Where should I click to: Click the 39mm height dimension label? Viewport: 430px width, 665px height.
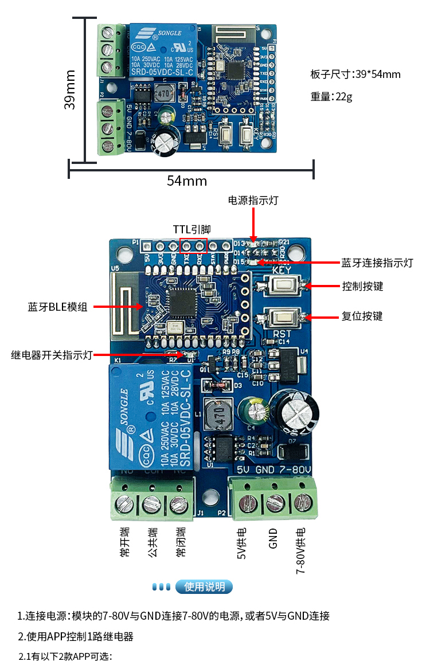point(70,89)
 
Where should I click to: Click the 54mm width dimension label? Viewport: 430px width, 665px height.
point(187,181)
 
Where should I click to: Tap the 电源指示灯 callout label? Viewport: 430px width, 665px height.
point(253,200)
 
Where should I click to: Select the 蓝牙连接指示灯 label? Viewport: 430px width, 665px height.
point(377,263)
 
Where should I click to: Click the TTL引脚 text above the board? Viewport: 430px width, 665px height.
point(192,229)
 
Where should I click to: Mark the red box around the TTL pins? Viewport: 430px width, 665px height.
point(193,245)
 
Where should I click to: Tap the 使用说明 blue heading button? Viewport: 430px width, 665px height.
point(204,586)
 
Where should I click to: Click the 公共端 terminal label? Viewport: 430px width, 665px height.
point(152,542)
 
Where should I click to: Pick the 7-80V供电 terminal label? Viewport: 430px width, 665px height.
point(300,548)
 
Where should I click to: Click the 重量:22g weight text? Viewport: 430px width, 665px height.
point(331,96)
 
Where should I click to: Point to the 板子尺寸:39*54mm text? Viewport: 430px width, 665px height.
point(355,75)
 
